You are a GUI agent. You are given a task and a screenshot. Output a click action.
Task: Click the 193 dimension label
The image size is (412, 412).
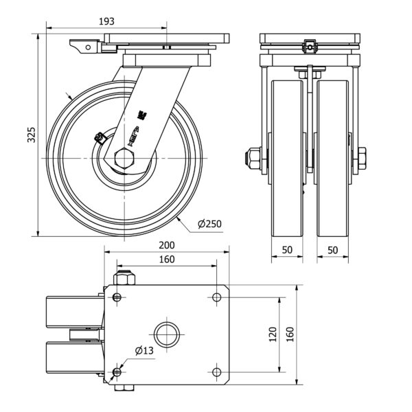pos(106,22)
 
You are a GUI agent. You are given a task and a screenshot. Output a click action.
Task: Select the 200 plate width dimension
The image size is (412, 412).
pos(167,246)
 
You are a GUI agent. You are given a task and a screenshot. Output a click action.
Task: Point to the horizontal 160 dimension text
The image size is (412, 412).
pos(167,260)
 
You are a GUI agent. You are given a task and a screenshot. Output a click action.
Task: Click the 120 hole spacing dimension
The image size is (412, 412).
pos(272,334)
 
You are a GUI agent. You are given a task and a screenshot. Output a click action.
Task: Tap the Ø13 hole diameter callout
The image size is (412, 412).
pos(144,351)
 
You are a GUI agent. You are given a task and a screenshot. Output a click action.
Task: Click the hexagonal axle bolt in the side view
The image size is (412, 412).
pos(124,159)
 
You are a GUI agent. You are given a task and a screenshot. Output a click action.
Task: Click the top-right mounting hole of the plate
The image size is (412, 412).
pos(218,297)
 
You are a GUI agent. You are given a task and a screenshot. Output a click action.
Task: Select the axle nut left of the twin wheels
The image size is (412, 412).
pos(253,159)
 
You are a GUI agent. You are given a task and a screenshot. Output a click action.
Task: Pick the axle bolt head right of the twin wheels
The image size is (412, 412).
pos(362,159)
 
